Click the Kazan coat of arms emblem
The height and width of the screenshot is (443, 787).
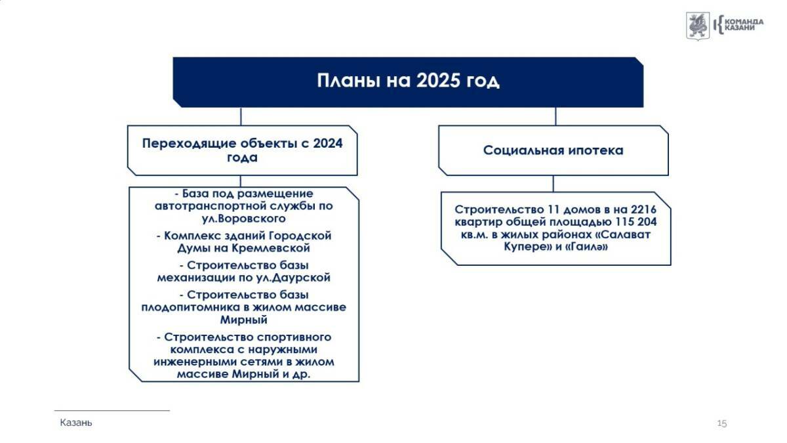(x=698, y=26)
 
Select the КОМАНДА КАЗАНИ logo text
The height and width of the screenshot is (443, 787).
(x=744, y=25)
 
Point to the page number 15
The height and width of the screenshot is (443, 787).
(x=721, y=423)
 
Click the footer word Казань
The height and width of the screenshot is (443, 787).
(x=76, y=423)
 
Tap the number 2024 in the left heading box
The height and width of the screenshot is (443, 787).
(x=328, y=144)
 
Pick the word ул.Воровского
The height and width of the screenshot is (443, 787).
(x=243, y=219)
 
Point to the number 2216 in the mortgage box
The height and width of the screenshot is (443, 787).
(x=643, y=209)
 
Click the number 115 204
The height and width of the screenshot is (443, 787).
(x=636, y=222)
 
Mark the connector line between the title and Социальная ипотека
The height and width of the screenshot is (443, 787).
(x=555, y=116)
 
